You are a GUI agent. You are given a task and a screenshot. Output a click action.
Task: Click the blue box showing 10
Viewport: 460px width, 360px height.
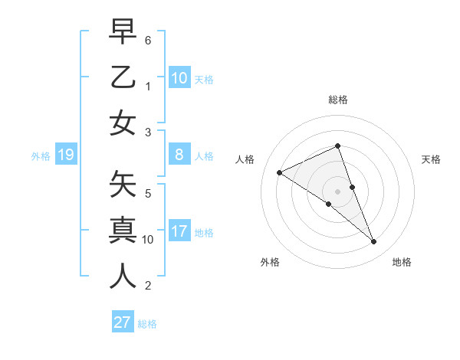(x=179, y=78)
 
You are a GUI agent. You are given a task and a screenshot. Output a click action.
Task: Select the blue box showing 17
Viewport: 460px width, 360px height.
(x=179, y=231)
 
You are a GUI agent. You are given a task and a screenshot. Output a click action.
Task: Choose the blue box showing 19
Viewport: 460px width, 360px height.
(x=66, y=155)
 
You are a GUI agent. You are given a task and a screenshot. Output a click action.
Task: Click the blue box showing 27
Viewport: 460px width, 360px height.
(x=123, y=322)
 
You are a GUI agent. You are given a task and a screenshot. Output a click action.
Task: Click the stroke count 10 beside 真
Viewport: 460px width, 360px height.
(x=148, y=239)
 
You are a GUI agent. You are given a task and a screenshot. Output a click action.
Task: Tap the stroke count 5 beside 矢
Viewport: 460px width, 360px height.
(x=148, y=194)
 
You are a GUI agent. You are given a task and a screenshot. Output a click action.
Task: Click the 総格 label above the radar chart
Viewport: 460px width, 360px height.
(x=338, y=100)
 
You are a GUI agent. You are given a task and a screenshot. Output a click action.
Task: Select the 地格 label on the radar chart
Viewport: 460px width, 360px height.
(x=402, y=262)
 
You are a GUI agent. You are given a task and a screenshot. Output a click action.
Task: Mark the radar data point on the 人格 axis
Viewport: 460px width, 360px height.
(x=280, y=172)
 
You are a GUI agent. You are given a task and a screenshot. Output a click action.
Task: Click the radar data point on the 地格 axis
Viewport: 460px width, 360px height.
(x=374, y=242)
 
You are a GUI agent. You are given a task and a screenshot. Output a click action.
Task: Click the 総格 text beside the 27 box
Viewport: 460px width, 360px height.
(x=147, y=324)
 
